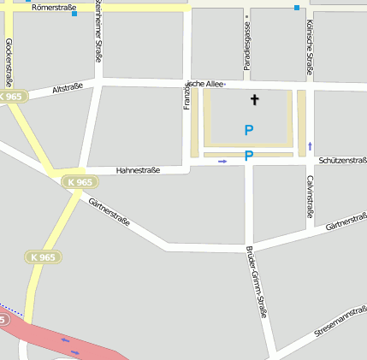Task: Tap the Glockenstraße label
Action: pos(9,62)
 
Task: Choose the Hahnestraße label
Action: pos(138,170)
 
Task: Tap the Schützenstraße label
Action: pos(341,160)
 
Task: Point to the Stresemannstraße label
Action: pos(340,319)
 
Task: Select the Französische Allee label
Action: pos(204,84)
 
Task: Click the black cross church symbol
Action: pos(253,100)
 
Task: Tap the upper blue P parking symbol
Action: pos(249,130)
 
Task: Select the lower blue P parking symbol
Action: pos(249,156)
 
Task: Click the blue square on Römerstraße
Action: pos(74,14)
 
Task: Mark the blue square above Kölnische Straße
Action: pos(297,8)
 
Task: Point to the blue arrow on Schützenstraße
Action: pos(222,161)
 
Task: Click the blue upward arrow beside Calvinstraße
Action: pos(310,145)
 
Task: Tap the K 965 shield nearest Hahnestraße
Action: pos(78,182)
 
